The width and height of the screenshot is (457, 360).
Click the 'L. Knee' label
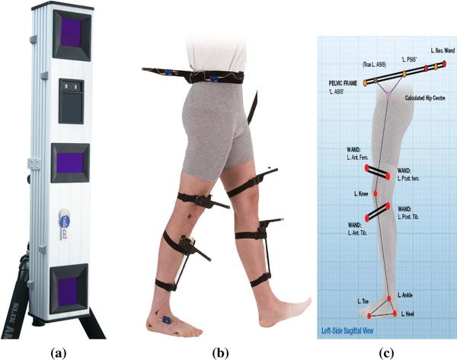point(363,195)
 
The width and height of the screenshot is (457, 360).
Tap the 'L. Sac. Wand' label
point(436,49)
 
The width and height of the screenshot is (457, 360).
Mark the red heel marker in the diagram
point(395,314)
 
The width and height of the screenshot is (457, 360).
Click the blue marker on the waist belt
point(163,74)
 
